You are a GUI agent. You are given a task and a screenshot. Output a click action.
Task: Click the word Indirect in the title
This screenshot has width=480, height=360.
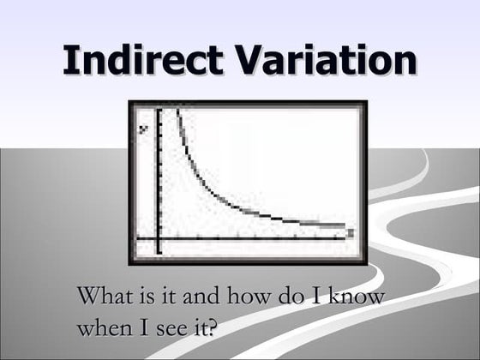[135, 61]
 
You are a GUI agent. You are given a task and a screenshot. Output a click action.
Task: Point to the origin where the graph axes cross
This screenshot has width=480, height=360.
[159, 237]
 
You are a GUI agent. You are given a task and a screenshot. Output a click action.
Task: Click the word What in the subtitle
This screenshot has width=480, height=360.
[102, 297]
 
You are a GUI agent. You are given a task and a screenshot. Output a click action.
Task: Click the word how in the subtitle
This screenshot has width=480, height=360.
[247, 297]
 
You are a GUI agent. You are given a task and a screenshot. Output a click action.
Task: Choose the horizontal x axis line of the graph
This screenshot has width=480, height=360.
[257, 237]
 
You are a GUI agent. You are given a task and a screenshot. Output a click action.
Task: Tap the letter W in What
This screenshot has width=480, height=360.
[88, 297]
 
